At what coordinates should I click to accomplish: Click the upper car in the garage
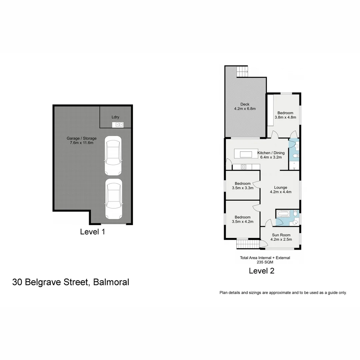click(113, 155)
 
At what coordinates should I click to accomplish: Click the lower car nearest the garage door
click(113, 199)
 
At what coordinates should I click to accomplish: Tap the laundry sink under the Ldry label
click(117, 125)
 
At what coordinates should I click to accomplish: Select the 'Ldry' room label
click(115, 117)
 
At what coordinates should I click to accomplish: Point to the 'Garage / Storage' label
click(81, 138)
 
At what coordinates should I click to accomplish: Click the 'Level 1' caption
click(93, 232)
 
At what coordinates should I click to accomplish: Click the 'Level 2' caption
click(262, 271)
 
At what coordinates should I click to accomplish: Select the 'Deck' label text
click(245, 104)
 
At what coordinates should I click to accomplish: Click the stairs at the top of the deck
click(243, 71)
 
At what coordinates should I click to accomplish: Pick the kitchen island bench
click(246, 154)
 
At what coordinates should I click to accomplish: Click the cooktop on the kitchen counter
click(243, 167)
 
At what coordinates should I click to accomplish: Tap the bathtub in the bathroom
click(283, 213)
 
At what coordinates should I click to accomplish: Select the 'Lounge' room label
click(280, 187)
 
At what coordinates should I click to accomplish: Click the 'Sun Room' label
click(281, 235)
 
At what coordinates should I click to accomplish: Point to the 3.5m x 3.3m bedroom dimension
click(243, 188)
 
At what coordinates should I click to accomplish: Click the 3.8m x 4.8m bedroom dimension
click(285, 117)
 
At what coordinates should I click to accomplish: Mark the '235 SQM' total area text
click(265, 262)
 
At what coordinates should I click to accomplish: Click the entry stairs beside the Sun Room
click(248, 244)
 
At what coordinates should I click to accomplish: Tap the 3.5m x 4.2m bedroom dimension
click(243, 221)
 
